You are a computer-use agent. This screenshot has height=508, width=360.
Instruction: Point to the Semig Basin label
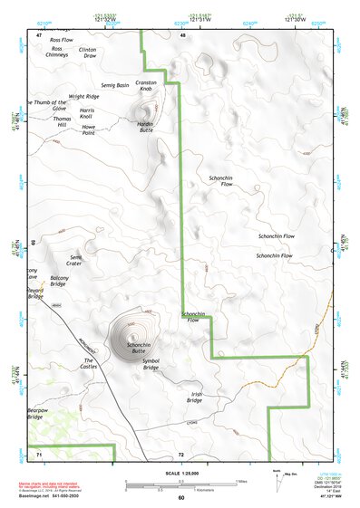click(x=115, y=84)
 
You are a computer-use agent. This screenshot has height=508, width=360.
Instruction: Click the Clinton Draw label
click(x=88, y=53)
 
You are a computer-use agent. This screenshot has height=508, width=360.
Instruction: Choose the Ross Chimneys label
click(x=57, y=52)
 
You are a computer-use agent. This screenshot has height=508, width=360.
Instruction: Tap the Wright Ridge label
click(x=83, y=95)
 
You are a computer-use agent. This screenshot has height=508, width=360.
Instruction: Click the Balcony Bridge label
click(x=59, y=281)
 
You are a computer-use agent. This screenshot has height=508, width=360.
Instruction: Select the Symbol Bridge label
click(x=151, y=364)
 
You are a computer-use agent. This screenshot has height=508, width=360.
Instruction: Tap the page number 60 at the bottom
click(x=180, y=497)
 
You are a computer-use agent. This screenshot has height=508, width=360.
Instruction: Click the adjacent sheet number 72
click(x=180, y=454)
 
